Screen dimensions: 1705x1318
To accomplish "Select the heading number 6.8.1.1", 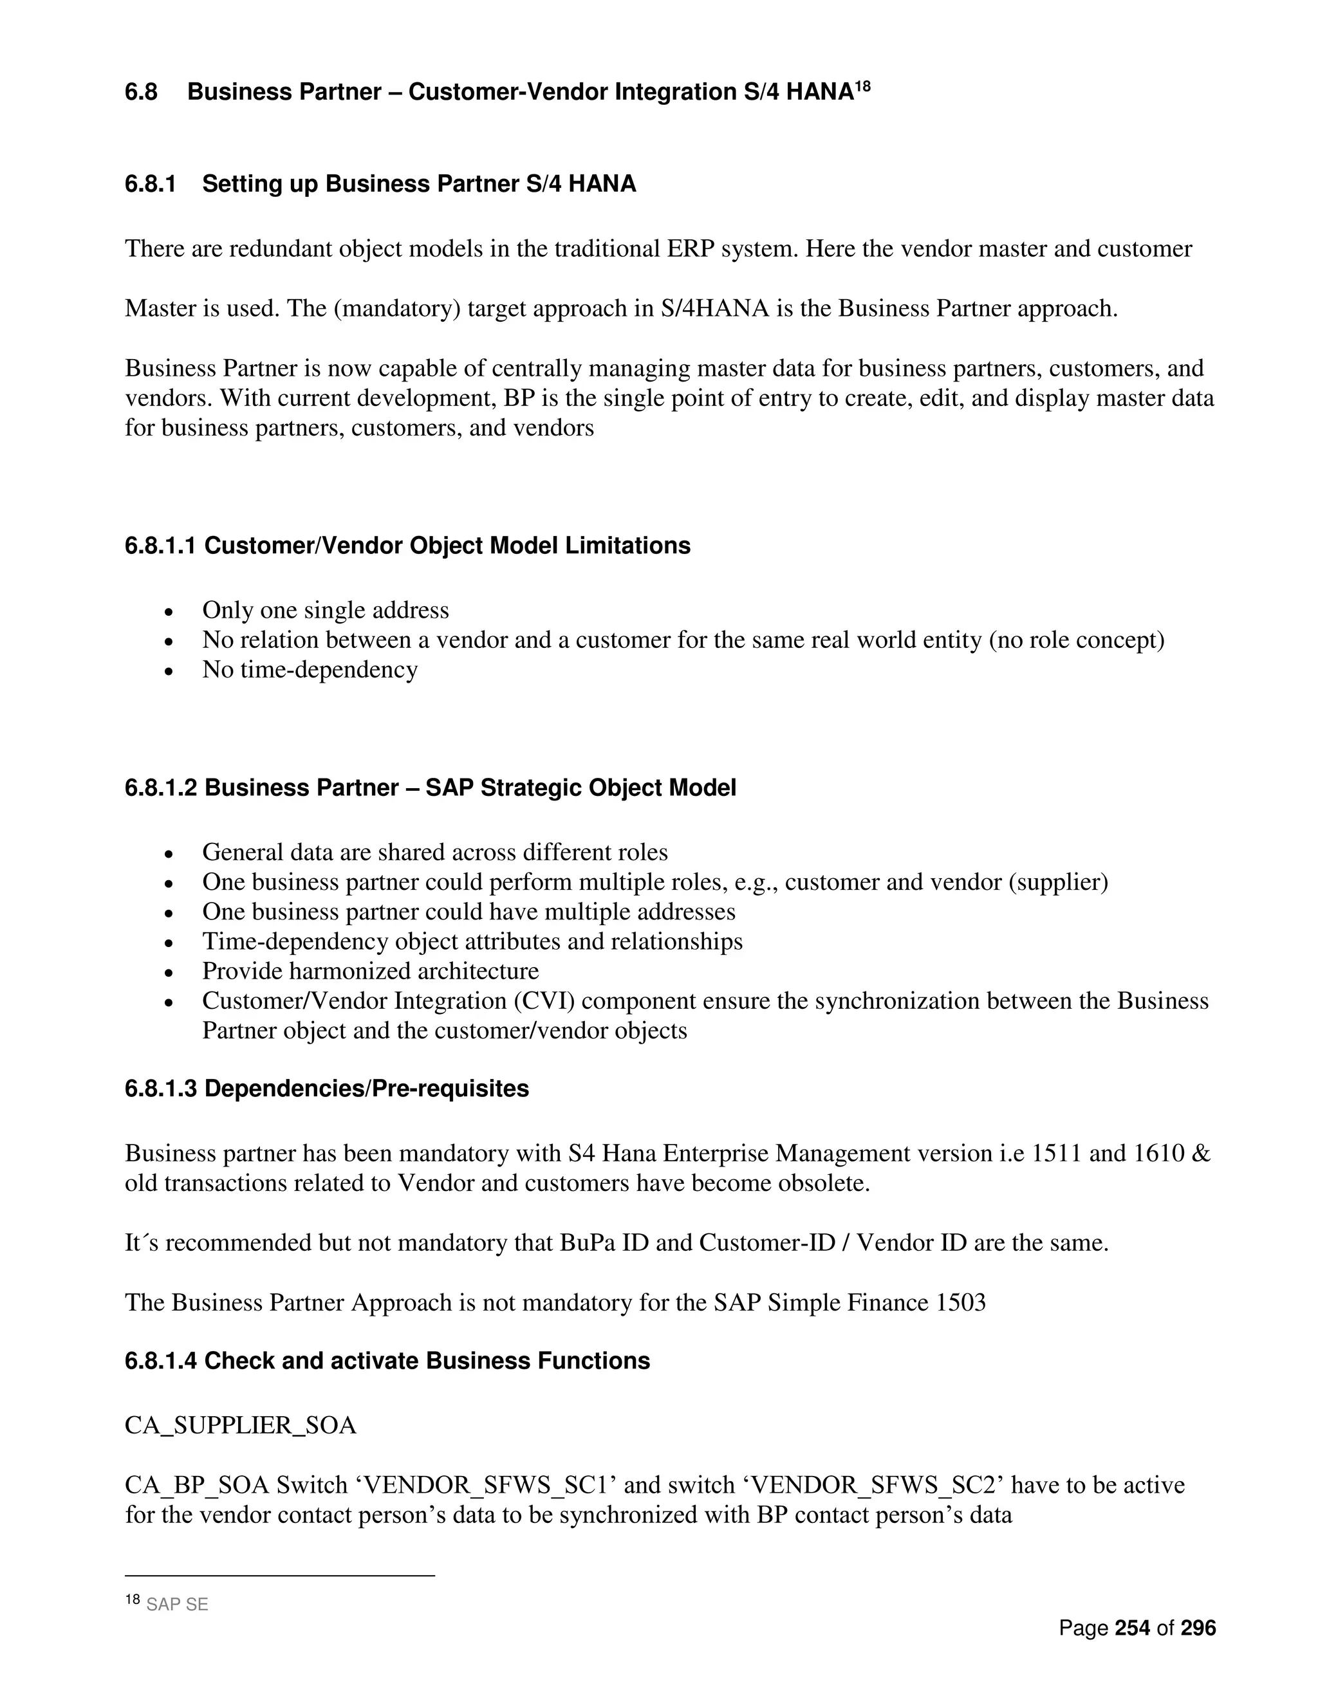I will [x=160, y=546].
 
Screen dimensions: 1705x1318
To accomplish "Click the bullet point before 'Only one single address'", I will [x=169, y=611].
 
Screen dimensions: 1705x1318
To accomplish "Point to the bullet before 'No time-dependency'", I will [x=169, y=670].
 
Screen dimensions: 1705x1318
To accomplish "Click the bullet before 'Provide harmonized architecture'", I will [x=169, y=972].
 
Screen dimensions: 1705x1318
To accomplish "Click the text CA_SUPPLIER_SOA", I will [x=241, y=1426].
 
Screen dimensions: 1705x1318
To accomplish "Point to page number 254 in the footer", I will [x=1132, y=1628].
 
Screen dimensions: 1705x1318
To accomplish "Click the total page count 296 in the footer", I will [x=1198, y=1628].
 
